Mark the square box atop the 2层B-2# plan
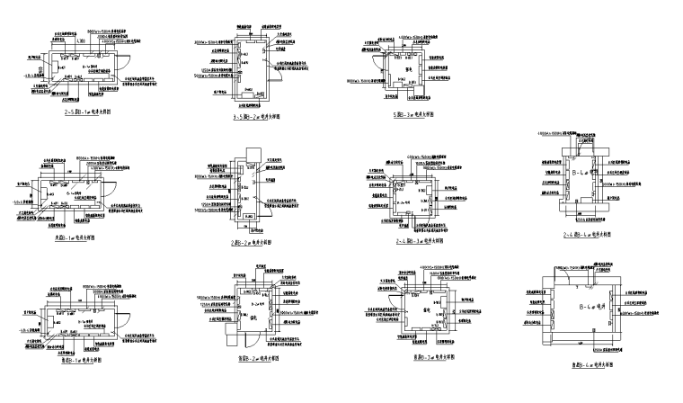(244, 151)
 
